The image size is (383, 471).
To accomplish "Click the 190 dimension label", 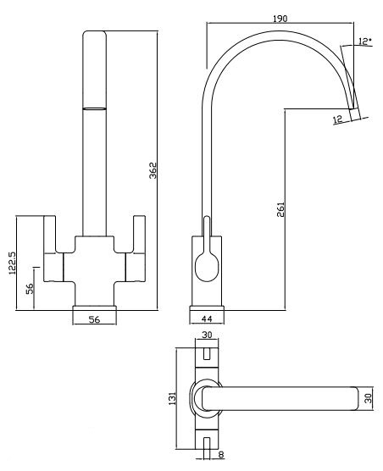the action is tap(280, 19).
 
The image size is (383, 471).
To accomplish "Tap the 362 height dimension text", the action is tap(153, 170).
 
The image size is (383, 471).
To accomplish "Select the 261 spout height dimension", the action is tap(280, 209).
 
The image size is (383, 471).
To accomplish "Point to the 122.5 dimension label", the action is tap(12, 263).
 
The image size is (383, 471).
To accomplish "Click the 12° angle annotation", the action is tap(364, 42).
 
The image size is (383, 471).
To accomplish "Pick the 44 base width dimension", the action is tap(207, 319).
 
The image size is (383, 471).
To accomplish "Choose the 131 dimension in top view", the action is tap(172, 399).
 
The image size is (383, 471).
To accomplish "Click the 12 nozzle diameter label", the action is tap(338, 119).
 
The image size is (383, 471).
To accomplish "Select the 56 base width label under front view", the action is tap(94, 319).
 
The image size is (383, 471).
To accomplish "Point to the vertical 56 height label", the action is tap(30, 289).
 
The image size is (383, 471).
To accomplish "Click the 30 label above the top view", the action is tap(207, 335).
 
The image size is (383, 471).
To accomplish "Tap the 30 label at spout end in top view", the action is tap(368, 398).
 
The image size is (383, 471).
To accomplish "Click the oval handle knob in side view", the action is tap(207, 267).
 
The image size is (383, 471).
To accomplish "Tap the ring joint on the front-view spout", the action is tap(94, 108).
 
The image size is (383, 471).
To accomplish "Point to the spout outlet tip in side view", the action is tap(354, 114).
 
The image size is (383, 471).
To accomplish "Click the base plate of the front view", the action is tap(94, 308).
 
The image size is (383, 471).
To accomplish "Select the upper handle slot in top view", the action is tap(207, 354).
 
